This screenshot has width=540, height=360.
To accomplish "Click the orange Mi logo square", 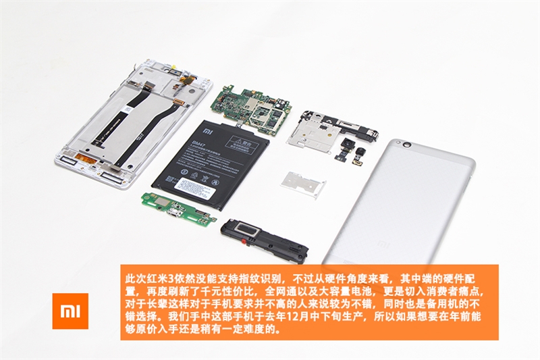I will click(70, 311).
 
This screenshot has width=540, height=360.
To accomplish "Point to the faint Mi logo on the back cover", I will click(383, 242).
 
